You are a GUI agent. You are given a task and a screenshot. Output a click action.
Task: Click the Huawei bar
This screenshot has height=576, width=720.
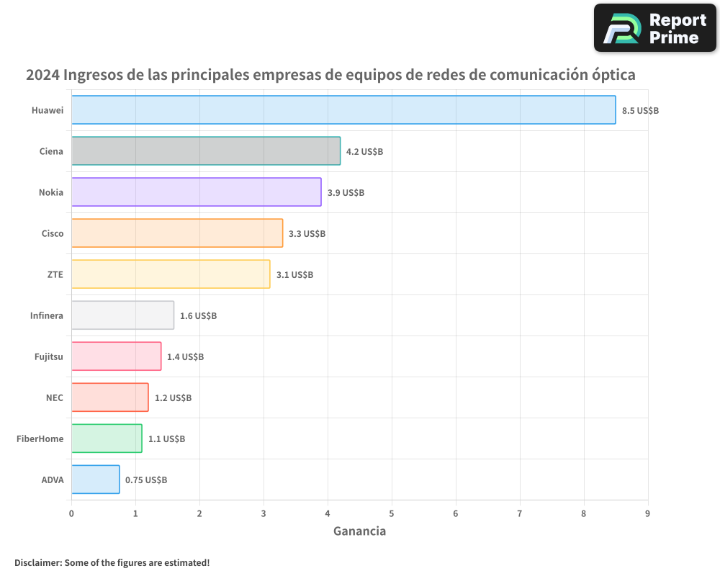(343, 110)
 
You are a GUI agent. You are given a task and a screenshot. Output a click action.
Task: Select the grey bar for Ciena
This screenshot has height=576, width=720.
(206, 151)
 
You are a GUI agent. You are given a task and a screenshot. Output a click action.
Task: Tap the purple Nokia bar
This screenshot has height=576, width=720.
(196, 192)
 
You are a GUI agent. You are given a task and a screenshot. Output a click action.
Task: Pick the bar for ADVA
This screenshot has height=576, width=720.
(95, 480)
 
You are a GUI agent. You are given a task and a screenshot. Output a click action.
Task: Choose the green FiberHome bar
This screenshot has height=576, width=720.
(107, 438)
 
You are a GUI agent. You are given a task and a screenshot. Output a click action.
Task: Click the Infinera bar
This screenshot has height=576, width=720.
(122, 315)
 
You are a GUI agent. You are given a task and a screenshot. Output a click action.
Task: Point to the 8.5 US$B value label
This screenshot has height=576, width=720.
(640, 111)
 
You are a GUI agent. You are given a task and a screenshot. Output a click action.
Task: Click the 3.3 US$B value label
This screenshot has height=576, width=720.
(307, 234)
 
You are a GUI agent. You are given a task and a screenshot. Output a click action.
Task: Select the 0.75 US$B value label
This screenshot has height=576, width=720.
(146, 480)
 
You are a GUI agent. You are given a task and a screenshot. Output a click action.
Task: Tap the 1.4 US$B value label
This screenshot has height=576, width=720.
(185, 357)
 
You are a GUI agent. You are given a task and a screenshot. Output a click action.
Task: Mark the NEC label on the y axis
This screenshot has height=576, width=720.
(54, 397)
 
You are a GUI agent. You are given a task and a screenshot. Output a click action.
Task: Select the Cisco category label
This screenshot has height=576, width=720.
(53, 233)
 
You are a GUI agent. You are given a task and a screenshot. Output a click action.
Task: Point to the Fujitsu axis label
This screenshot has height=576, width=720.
(49, 356)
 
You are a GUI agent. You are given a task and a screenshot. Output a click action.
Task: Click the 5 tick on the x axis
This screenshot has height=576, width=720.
(392, 513)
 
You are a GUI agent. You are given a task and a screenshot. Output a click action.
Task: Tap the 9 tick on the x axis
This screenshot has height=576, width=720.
(648, 513)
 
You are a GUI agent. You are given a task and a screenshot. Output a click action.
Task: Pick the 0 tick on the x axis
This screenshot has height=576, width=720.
(71, 513)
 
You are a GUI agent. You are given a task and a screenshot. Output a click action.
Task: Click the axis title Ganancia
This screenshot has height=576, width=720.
(359, 531)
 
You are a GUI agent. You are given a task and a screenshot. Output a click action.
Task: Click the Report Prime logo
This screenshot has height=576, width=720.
(654, 28)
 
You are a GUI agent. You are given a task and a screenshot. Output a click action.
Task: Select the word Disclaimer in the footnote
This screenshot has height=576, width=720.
(37, 563)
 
